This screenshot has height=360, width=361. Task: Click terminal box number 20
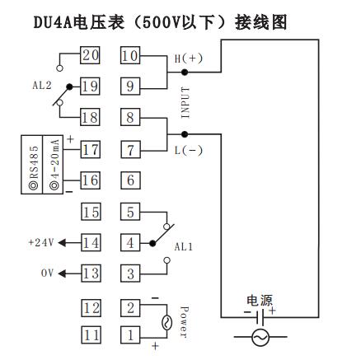pos(90,57)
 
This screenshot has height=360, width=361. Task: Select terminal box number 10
pos(130,57)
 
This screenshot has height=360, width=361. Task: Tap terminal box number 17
pos(90,150)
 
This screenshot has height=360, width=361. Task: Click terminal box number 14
pos(90,242)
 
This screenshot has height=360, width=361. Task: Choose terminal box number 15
pos(90,212)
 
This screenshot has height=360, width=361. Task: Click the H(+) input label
pos(186,58)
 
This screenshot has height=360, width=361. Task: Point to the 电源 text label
pos(260,302)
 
